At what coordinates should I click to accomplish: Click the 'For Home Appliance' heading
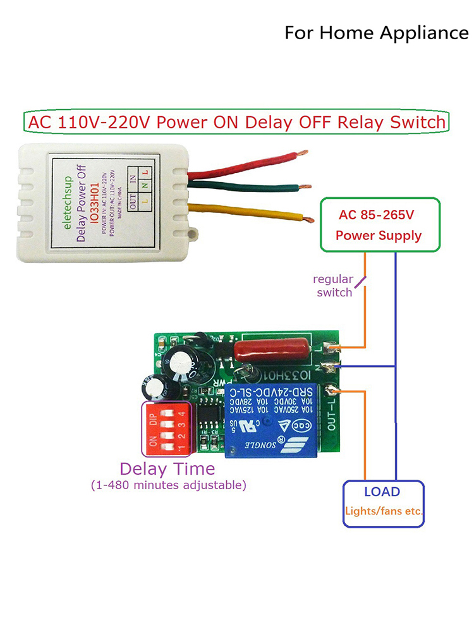[376, 32]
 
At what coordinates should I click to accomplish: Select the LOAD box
[383, 503]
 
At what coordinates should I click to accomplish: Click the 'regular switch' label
[334, 286]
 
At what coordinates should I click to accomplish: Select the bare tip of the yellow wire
[308, 220]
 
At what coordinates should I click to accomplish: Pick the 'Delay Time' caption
[167, 469]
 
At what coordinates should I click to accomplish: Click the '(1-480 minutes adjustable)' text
[167, 485]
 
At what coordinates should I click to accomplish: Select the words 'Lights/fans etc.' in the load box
[383, 511]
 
